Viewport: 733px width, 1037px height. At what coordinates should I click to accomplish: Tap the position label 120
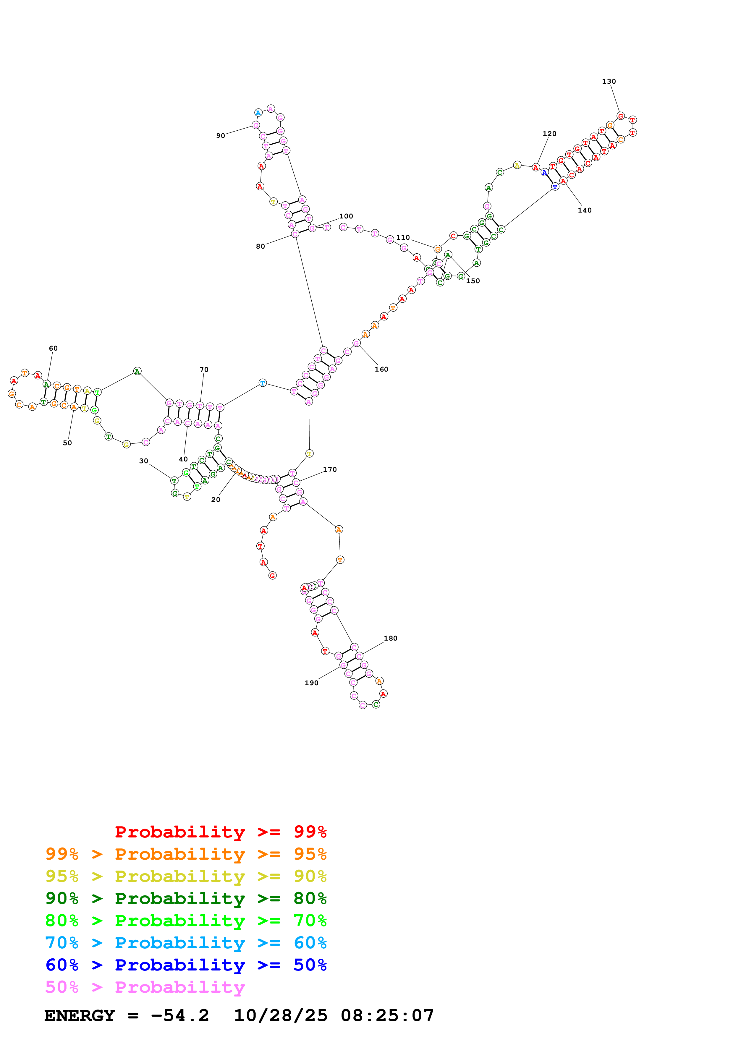[549, 134]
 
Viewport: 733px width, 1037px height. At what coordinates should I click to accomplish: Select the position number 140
[584, 210]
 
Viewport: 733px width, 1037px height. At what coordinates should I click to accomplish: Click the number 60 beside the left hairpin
[53, 348]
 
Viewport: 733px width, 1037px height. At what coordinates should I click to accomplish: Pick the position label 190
[311, 683]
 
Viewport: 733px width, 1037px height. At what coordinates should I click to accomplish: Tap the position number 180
[390, 638]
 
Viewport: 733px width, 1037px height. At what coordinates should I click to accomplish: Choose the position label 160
[381, 370]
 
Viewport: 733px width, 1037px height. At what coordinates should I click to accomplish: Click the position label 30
[144, 461]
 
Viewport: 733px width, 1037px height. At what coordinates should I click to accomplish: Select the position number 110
[403, 238]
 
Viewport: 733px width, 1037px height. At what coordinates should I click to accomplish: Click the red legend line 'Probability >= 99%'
[220, 832]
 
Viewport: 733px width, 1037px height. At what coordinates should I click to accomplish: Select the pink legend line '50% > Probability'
[145, 987]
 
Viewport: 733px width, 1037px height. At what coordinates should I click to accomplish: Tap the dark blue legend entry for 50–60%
[186, 965]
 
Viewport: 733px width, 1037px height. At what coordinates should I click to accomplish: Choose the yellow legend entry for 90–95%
[186, 876]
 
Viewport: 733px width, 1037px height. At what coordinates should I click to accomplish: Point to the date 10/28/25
[280, 1016]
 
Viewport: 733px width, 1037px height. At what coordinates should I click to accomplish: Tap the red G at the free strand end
[272, 576]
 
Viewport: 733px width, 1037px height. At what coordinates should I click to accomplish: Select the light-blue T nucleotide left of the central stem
[262, 383]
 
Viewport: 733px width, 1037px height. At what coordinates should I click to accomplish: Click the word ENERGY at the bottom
[80, 1016]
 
